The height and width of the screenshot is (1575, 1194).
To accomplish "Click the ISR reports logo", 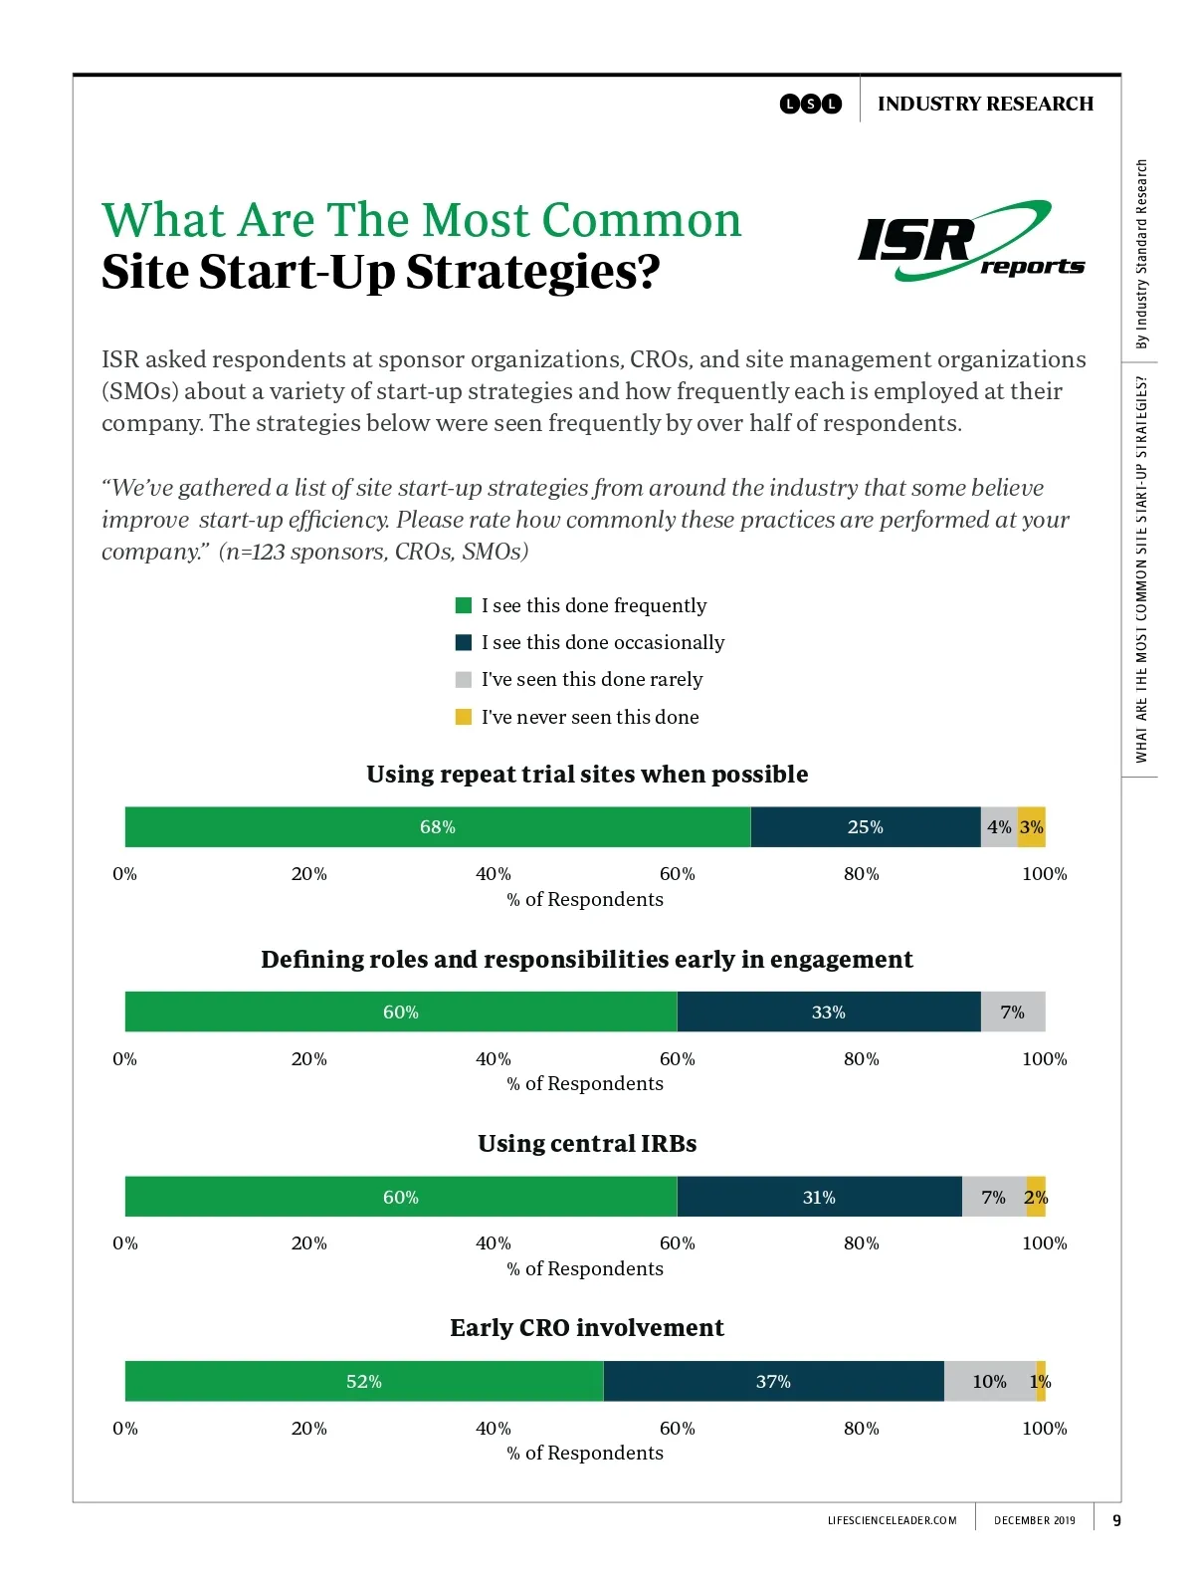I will (x=969, y=242).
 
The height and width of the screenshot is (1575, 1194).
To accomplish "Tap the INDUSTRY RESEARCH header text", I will (x=985, y=104).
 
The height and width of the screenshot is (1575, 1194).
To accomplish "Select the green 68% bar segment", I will (x=437, y=827).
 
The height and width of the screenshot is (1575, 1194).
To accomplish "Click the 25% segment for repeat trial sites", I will (x=865, y=827).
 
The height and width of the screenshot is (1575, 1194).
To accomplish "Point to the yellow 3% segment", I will (x=1032, y=827).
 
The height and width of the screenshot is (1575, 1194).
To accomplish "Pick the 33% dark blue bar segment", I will (x=828, y=1012).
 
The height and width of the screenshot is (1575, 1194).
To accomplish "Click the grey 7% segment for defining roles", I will (x=1013, y=1012).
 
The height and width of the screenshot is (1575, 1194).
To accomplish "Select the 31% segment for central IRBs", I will (x=819, y=1197).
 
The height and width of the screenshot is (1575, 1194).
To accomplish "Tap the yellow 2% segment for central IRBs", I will (x=1036, y=1197).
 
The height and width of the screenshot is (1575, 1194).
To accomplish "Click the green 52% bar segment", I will (x=363, y=1381).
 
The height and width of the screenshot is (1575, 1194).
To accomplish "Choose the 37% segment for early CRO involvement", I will (x=773, y=1381).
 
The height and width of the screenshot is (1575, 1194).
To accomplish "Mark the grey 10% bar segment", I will (x=989, y=1381).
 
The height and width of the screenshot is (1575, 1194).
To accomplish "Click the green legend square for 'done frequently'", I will (x=464, y=605).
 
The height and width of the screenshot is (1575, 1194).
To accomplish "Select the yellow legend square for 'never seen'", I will (x=464, y=717).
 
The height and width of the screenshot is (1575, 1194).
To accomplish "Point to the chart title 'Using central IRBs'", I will (x=587, y=1143).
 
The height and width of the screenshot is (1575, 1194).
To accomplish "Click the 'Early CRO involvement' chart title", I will (x=587, y=1328).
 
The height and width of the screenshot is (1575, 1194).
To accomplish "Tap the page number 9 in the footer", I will (x=1116, y=1520).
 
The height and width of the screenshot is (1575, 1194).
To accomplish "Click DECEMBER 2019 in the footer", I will (x=1035, y=1520).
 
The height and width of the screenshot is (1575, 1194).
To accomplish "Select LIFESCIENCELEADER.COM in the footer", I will (x=893, y=1520).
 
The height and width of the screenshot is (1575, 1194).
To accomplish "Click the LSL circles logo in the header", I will (x=811, y=104).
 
